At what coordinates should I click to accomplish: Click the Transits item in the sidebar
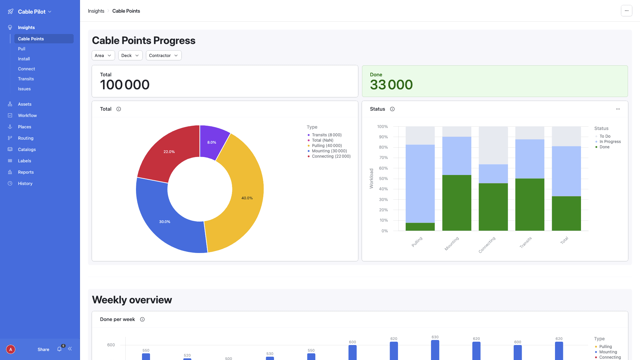pyautogui.click(x=26, y=79)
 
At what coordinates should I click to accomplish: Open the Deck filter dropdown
pyautogui.click(x=130, y=55)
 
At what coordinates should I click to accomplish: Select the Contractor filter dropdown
pyautogui.click(x=163, y=55)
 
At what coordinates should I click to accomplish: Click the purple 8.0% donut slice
pyautogui.click(x=212, y=142)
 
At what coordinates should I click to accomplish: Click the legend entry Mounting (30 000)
pyautogui.click(x=329, y=151)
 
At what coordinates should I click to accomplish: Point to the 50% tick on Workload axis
pyautogui.click(x=383, y=179)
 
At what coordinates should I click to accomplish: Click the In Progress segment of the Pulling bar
pyautogui.click(x=420, y=183)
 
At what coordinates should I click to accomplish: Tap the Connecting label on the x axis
pyautogui.click(x=487, y=245)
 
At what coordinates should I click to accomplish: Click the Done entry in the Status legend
pyautogui.click(x=604, y=147)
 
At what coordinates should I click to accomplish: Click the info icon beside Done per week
pyautogui.click(x=142, y=319)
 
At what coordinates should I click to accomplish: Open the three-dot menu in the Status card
pyautogui.click(x=618, y=109)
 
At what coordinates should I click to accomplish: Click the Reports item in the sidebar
pyautogui.click(x=26, y=172)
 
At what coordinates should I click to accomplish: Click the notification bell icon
pyautogui.click(x=59, y=349)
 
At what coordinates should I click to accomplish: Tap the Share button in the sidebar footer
pyautogui.click(x=43, y=349)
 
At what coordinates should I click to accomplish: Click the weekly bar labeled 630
pyautogui.click(x=435, y=350)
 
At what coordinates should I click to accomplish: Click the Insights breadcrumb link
pyautogui.click(x=96, y=11)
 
